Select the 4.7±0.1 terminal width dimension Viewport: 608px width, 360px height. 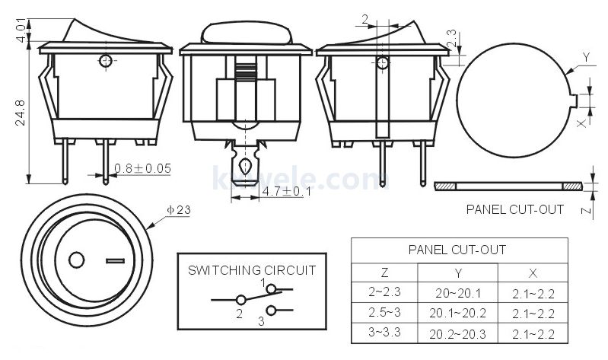click(x=286, y=193)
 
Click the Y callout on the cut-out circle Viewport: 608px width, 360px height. click(x=586, y=58)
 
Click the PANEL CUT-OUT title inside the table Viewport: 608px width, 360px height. click(x=457, y=250)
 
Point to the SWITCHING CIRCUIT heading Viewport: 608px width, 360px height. click(x=252, y=269)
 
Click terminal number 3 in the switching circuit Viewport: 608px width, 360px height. click(x=260, y=320)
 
